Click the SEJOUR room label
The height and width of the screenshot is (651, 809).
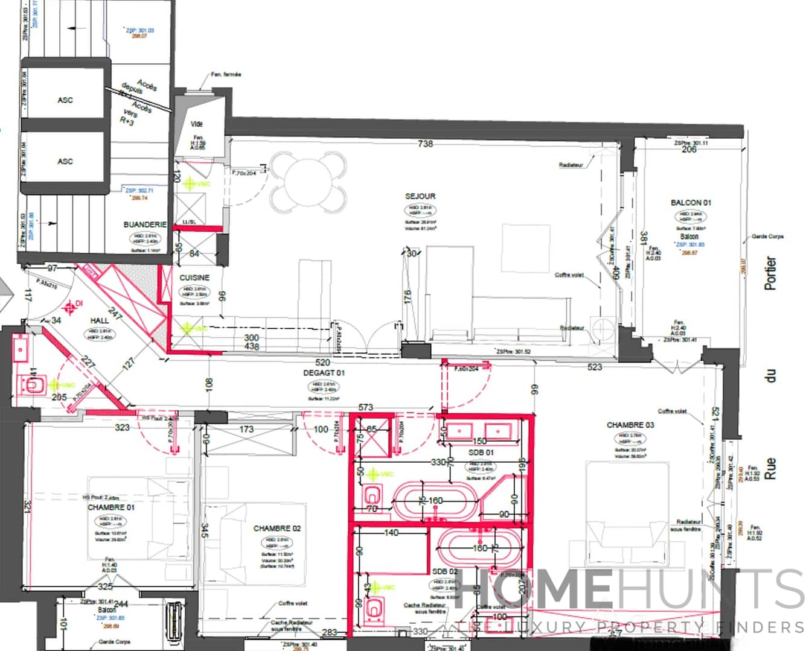coord(420,196)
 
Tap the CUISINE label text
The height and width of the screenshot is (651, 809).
coord(194,278)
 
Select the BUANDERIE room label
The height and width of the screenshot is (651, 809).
coord(145,224)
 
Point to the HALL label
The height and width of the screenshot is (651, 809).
coord(100,320)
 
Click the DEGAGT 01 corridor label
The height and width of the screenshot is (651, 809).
coord(324,373)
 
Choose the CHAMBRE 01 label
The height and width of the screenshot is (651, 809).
coord(111,507)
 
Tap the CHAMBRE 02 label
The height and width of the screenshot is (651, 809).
coord(277,529)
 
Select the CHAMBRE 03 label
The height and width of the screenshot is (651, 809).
coord(630,425)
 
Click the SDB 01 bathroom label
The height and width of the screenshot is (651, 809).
coord(481,452)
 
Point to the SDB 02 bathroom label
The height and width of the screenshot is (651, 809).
coord(445,571)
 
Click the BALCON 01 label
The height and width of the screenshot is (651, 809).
coord(691,203)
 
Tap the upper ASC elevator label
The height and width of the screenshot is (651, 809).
coord(65,100)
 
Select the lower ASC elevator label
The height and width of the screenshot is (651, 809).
coord(65,161)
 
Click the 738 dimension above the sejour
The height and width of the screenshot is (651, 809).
coord(426,144)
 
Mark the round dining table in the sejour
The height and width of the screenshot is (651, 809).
coord(309,179)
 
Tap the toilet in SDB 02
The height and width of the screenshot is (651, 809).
coord(374,609)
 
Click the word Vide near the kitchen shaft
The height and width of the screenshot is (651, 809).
coord(197,124)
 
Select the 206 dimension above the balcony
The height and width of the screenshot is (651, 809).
coord(689,150)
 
